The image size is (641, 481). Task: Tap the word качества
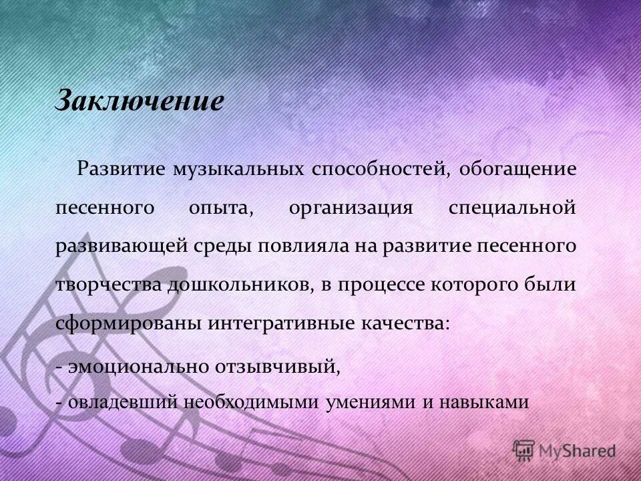407,323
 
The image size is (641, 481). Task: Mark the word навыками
486,402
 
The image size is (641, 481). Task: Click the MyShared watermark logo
565,450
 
